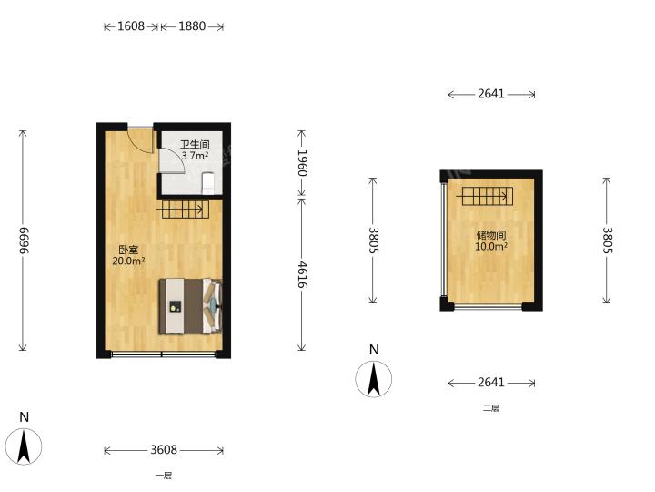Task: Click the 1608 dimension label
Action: tap(131, 26)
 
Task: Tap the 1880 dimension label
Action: tap(192, 26)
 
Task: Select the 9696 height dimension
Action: tap(24, 241)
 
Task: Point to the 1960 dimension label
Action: tap(302, 163)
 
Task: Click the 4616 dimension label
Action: tap(302, 275)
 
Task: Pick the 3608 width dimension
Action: tap(164, 450)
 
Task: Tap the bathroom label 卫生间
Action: tap(195, 145)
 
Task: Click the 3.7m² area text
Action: tap(195, 156)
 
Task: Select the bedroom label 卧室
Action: tap(128, 251)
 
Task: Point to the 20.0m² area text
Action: tap(128, 261)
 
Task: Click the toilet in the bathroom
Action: tap(208, 183)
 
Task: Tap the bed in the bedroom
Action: tap(190, 307)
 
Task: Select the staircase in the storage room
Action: tap(487, 196)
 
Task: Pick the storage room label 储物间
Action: tap(491, 235)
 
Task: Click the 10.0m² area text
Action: tap(491, 246)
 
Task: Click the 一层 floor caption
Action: tap(164, 476)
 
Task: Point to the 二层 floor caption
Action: tap(491, 408)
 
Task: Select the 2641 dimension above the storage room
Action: tap(491, 94)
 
